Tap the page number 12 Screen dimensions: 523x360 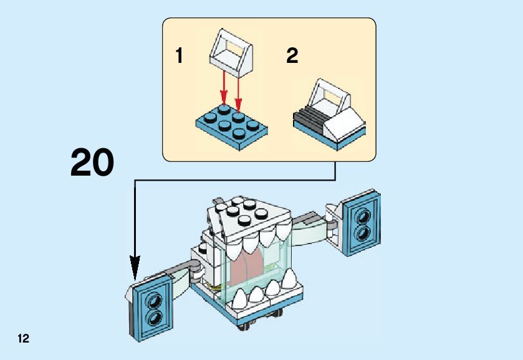(x=23, y=339)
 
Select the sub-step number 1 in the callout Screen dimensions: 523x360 (x=180, y=57)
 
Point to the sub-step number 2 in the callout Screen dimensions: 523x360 (x=292, y=57)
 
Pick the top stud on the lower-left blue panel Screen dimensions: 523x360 (x=152, y=300)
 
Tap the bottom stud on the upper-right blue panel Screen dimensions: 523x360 (x=362, y=232)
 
